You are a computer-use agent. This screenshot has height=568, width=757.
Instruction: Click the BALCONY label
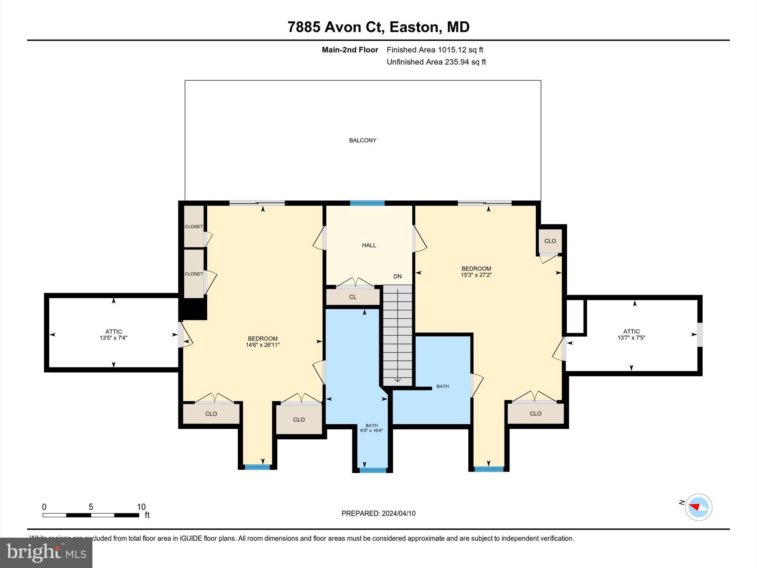tap(363, 140)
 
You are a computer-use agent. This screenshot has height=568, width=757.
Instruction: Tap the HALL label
tap(369, 245)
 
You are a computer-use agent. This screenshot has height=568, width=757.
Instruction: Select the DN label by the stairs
tap(397, 276)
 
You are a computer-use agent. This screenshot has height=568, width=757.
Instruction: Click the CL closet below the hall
tap(353, 297)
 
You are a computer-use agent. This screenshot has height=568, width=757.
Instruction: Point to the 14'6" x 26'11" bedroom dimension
tap(262, 345)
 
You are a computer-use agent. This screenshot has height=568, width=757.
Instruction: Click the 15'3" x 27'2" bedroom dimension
tap(476, 275)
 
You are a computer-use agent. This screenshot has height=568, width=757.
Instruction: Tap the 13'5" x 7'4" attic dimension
tap(113, 338)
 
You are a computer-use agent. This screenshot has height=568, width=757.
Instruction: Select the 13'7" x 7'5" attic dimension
tap(631, 338)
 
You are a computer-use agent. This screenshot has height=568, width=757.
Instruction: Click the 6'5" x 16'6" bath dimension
tap(371, 430)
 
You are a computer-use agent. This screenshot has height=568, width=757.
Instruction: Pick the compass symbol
tap(698, 507)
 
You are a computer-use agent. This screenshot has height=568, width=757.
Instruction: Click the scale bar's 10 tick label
tap(141, 507)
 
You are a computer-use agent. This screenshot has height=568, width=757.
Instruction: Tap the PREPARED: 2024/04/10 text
tap(378, 513)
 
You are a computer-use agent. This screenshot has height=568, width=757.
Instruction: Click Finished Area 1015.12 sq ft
tap(435, 50)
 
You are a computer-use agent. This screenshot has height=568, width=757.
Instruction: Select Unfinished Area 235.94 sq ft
tap(436, 62)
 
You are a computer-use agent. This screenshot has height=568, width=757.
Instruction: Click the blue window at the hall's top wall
tap(367, 203)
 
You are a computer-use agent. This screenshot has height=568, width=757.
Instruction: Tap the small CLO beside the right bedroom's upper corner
tap(550, 241)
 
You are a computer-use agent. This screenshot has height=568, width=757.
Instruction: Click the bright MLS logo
tap(46, 552)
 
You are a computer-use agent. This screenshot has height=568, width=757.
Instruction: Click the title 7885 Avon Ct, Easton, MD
tap(378, 27)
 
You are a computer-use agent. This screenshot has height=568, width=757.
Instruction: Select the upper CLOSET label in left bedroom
tap(194, 226)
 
